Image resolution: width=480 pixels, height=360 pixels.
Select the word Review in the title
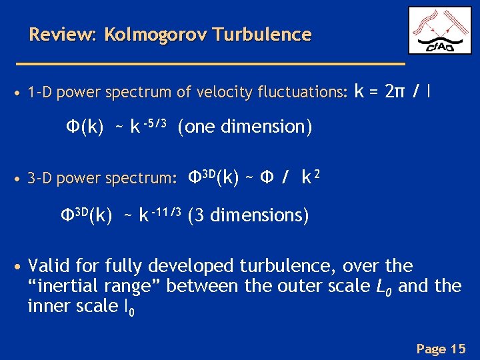pos(63,34)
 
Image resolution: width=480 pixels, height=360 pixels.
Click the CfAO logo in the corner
pos(439,30)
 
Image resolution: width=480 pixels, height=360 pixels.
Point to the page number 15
pos(458,348)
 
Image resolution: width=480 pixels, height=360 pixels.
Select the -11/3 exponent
pos(167,211)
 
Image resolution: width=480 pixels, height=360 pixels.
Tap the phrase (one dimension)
pos(245,127)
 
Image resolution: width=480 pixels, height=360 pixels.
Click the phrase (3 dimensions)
pos(248,216)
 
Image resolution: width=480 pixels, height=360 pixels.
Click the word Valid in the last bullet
pos(51,266)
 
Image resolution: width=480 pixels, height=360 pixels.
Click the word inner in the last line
pos(49,306)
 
